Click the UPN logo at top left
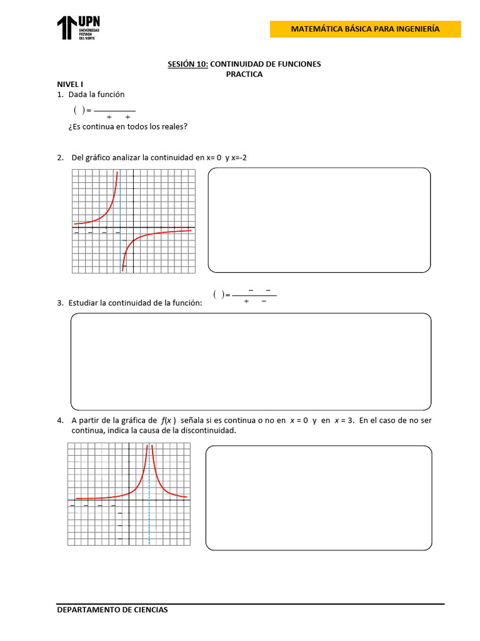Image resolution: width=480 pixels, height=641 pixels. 78,28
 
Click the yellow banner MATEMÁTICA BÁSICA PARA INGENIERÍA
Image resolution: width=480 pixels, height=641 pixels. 365,29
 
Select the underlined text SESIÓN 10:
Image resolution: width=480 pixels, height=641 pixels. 187,64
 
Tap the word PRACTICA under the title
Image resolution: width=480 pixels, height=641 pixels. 244,74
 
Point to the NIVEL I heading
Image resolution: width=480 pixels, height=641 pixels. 70,84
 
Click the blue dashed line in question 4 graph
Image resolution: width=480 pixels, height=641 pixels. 149,501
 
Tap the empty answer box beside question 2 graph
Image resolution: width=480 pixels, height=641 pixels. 319,220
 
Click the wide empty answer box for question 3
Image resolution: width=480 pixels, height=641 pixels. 251,361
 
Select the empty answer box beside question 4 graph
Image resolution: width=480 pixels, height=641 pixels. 319,498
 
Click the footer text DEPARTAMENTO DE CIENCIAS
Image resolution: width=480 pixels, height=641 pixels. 112,610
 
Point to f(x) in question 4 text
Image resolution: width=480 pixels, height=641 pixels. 168,421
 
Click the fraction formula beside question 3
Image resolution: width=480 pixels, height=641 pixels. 245,295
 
